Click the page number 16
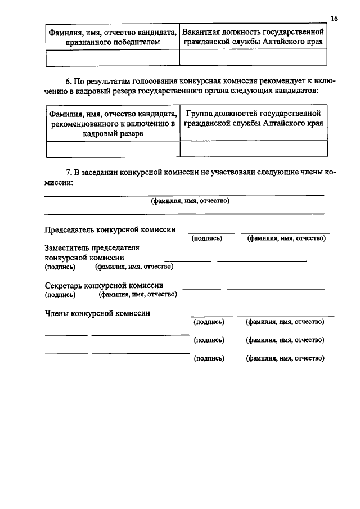pos(334,19)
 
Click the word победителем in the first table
pos(136,42)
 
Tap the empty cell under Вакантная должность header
pos(253,57)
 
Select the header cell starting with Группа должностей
pos(253,119)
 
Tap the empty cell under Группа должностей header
pos(253,148)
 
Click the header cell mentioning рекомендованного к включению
pos(112,124)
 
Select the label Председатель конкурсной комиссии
pos(110,229)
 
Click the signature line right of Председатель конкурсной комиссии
pos(211,232)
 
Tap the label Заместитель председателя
pos(91,248)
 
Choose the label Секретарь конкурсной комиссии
pos(104,285)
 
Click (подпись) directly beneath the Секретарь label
pos(59,294)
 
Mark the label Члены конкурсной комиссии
pos(97,313)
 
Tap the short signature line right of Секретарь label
pos(201,289)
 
